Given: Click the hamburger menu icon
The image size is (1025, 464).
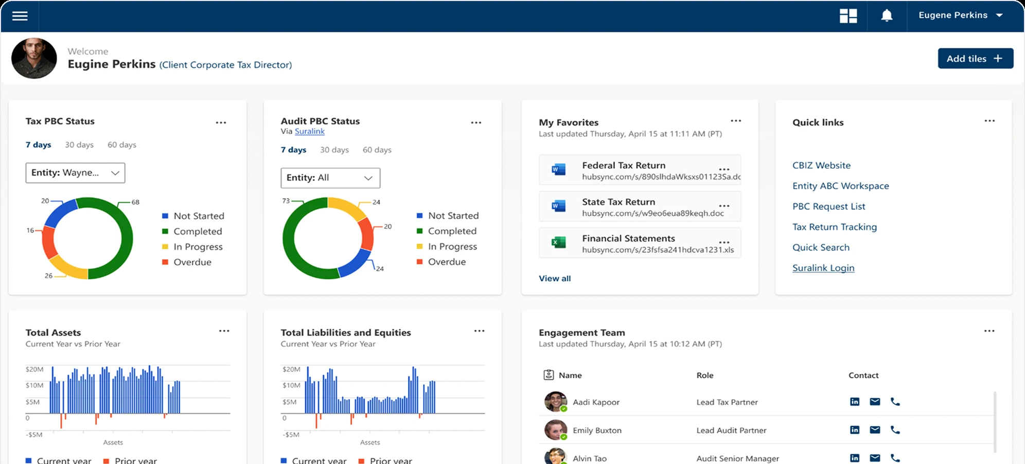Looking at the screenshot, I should [20, 16].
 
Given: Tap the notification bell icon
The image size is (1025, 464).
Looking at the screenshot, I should [887, 16].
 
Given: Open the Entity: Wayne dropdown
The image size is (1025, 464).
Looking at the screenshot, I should [75, 173].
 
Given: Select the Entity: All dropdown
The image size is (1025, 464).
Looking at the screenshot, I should [330, 178].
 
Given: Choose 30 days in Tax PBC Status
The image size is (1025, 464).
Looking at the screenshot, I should [79, 145].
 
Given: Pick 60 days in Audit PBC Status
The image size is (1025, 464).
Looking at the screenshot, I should [377, 150].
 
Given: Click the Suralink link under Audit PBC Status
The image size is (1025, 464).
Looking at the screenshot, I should [310, 131].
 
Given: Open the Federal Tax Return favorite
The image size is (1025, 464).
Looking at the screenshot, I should [624, 166].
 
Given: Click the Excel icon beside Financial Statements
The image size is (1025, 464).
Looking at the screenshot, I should [558, 242].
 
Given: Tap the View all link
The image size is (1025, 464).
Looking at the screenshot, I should [555, 278].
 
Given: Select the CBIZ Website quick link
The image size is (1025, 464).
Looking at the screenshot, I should [821, 166].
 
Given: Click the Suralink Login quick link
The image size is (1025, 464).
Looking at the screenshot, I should [823, 268].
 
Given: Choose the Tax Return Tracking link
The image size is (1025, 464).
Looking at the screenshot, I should [835, 227].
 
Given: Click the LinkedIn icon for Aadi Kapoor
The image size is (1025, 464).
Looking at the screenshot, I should [855, 402].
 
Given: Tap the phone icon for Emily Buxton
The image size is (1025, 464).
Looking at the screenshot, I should [895, 430].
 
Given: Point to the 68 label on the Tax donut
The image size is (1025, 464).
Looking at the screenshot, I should [135, 202].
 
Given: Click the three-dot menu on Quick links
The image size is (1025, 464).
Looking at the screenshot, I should [989, 121].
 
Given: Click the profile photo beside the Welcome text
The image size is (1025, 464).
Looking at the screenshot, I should [34, 58].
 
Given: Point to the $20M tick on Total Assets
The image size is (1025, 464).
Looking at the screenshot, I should [34, 369].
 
